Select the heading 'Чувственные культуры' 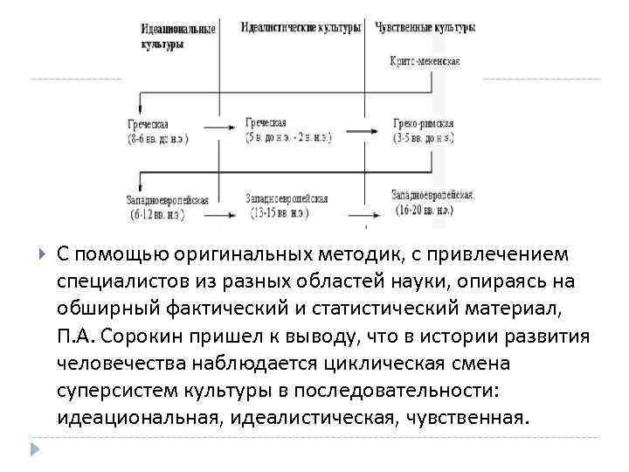coord(425,28)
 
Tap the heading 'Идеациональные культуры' coord(178,37)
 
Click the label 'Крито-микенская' coord(425,61)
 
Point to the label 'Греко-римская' coord(423,124)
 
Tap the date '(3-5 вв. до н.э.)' coord(424,137)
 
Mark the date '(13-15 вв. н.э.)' coord(278,212)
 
